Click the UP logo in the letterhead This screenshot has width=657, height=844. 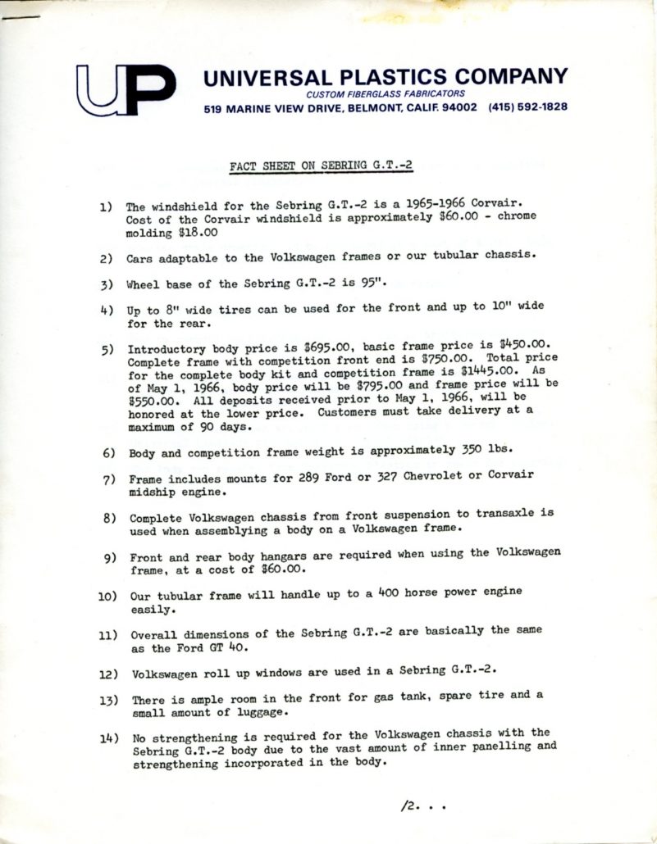pos(125,89)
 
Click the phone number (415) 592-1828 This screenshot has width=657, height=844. pos(527,107)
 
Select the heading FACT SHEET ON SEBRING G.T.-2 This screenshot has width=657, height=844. pos(322,165)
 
